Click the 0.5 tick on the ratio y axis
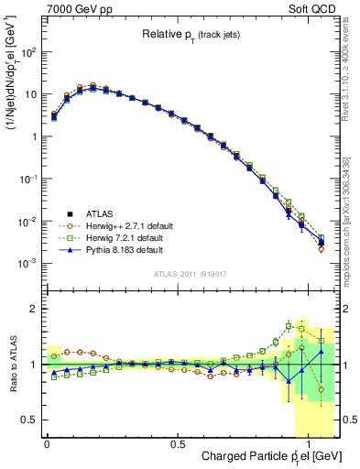(31, 420)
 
